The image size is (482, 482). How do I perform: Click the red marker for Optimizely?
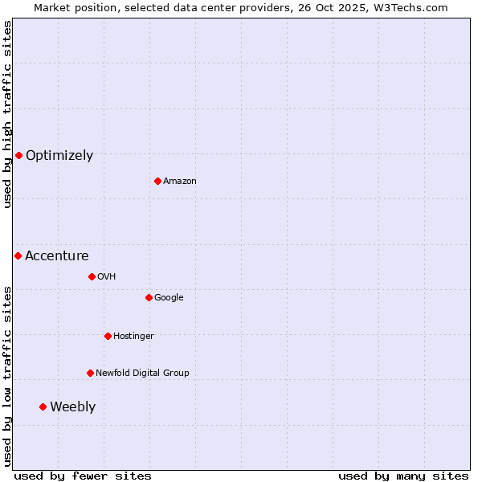tap(18, 155)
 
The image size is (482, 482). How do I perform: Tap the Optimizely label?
tap(59, 156)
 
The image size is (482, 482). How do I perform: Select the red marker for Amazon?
tap(157, 181)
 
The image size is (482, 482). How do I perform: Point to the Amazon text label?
tap(180, 182)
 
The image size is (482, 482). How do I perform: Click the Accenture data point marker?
tap(18, 255)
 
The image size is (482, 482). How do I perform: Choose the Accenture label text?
tap(57, 256)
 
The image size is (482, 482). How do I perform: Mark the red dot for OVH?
tap(92, 276)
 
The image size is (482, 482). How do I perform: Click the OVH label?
tap(107, 277)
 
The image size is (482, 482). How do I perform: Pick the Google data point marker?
tap(149, 297)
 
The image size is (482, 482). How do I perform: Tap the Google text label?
tap(169, 298)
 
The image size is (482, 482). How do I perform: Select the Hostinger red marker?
tap(108, 336)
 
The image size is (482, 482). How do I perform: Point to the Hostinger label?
tap(133, 337)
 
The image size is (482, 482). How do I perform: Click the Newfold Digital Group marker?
tap(90, 373)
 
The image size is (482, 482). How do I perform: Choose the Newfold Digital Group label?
tap(142, 374)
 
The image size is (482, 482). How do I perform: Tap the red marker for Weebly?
tap(43, 406)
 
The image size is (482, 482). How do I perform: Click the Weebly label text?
tap(72, 407)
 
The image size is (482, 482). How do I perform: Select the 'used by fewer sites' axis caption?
tap(83, 476)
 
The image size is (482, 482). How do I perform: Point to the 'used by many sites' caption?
tap(403, 476)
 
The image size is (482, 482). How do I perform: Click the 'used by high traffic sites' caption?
tap(8, 114)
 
